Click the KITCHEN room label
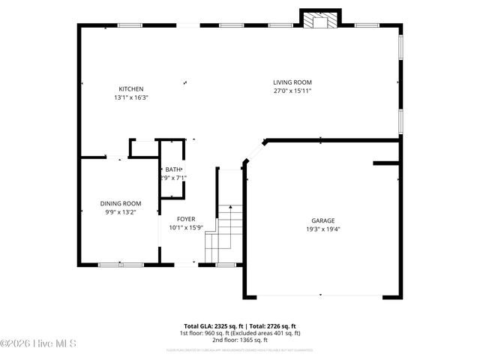point(130,89)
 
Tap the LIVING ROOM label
point(292,82)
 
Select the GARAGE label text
point(323,220)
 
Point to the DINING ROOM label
point(121,203)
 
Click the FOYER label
point(186,219)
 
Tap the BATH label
point(173,169)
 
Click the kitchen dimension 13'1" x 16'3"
point(130,97)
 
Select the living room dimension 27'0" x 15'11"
point(292,91)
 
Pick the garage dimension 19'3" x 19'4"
point(323,229)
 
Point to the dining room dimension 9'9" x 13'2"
point(121,211)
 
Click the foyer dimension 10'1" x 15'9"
point(186,227)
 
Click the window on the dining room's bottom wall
point(121,264)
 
